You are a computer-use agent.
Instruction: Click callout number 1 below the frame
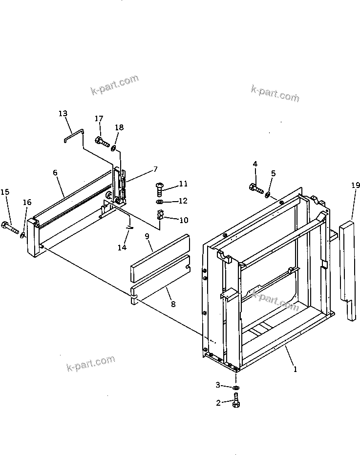tap(295, 370)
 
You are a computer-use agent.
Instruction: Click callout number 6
tap(55, 172)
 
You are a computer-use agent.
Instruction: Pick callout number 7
tap(155, 169)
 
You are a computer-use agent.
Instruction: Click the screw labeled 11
tap(159, 187)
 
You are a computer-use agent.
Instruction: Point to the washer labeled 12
tap(160, 201)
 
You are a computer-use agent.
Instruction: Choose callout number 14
tap(122, 248)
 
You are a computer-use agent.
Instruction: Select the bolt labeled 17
tap(102, 142)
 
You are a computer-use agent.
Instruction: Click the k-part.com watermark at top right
tap(275, 93)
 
